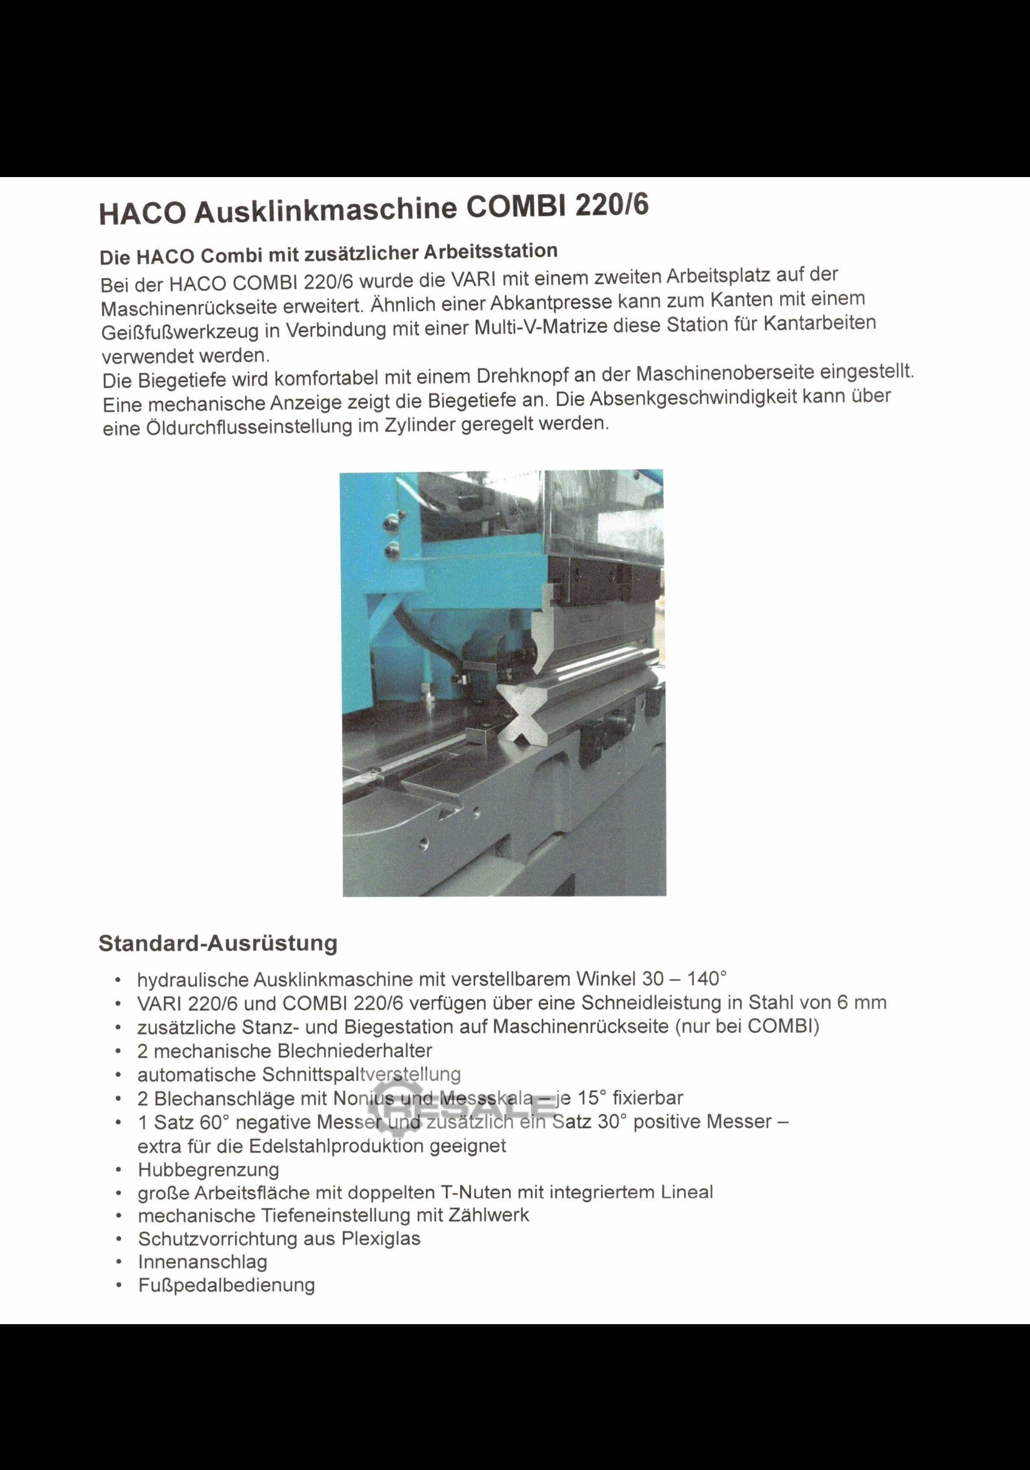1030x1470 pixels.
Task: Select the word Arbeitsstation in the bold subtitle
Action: [490, 251]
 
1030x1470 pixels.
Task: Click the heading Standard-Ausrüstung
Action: [218, 943]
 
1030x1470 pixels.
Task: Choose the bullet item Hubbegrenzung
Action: [209, 1170]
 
